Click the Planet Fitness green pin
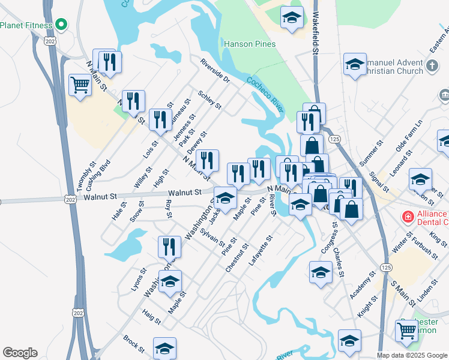[x=61, y=25]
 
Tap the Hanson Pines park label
[x=250, y=44]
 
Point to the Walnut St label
[x=184, y=193]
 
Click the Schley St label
[x=210, y=100]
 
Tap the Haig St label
[x=152, y=316]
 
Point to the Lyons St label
[x=139, y=280]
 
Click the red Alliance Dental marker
[x=407, y=215]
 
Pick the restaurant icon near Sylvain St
[x=169, y=246]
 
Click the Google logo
[x=20, y=353]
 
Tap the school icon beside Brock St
[x=164, y=348]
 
